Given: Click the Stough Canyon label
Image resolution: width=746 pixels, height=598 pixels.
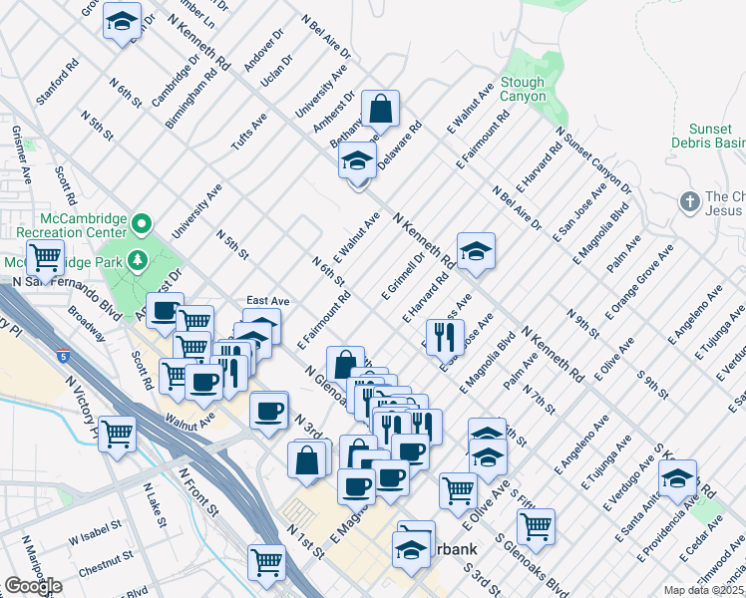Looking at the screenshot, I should pos(524,90).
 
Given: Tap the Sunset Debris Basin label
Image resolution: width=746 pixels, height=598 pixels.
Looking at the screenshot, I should pos(717,137).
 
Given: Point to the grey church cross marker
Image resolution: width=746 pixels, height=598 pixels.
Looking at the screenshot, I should pos(689,202).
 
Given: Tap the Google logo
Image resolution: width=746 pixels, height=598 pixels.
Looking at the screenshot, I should pos(33,586).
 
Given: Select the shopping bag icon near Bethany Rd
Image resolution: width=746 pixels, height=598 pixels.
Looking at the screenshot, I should pos(380,109).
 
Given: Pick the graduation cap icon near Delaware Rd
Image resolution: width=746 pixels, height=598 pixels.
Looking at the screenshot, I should pos(357,159).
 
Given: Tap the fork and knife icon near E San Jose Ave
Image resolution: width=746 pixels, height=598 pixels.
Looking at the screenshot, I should pos(444,336).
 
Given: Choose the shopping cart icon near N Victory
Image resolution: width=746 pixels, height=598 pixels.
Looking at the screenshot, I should pos(118,433).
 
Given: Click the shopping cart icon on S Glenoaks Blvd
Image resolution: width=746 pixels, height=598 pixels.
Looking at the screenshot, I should pos(536,525).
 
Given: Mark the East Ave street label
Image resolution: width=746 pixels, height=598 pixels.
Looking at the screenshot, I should pos(267,301).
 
